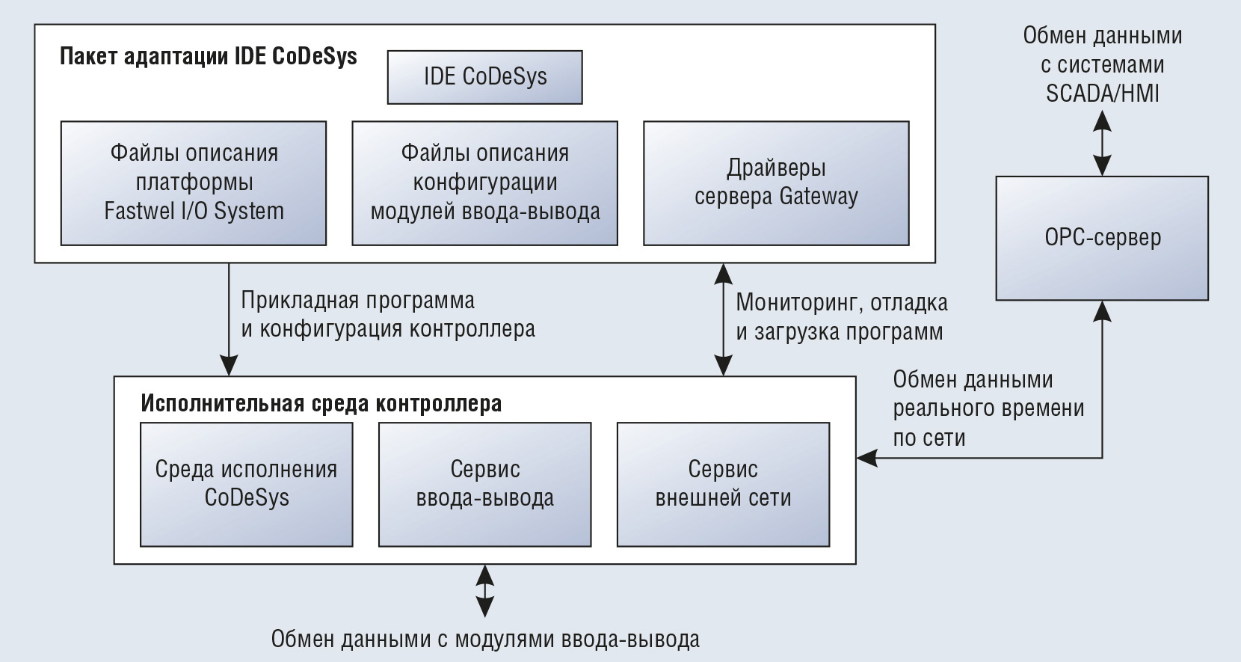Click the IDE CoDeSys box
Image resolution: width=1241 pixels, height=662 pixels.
click(484, 77)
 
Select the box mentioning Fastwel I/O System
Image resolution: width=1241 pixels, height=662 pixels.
click(194, 183)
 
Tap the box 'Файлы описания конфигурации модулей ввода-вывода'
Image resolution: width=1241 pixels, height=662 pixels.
click(484, 183)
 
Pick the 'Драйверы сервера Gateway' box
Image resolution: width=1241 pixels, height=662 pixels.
click(776, 183)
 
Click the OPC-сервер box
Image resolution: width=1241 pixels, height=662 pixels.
click(1102, 239)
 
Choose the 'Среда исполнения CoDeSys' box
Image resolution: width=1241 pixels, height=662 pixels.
click(247, 485)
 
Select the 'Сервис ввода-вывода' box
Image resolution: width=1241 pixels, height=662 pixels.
click(484, 485)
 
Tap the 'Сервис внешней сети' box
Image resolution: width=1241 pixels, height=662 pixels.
click(723, 485)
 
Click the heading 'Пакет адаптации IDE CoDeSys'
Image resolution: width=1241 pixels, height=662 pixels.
click(209, 57)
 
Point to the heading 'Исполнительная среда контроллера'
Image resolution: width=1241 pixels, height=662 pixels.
click(321, 403)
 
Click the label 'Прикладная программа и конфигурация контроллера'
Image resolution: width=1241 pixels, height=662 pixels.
click(388, 315)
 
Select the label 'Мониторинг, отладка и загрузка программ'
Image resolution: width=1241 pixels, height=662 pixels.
click(842, 317)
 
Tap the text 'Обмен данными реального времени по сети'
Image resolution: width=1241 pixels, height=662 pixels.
click(988, 408)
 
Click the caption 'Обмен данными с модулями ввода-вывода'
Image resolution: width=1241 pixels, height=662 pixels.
click(484, 640)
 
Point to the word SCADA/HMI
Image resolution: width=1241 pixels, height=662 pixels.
click(1103, 94)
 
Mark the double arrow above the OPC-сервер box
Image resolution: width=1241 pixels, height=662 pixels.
click(1102, 143)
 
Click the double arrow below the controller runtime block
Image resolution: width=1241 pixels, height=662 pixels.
click(484, 591)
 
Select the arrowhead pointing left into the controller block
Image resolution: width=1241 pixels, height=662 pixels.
click(867, 458)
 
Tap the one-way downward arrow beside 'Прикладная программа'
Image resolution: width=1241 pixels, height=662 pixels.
click(229, 319)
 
